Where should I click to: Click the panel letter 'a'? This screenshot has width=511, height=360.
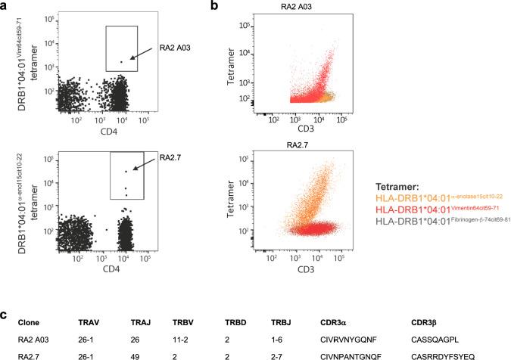[x=5, y=7]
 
